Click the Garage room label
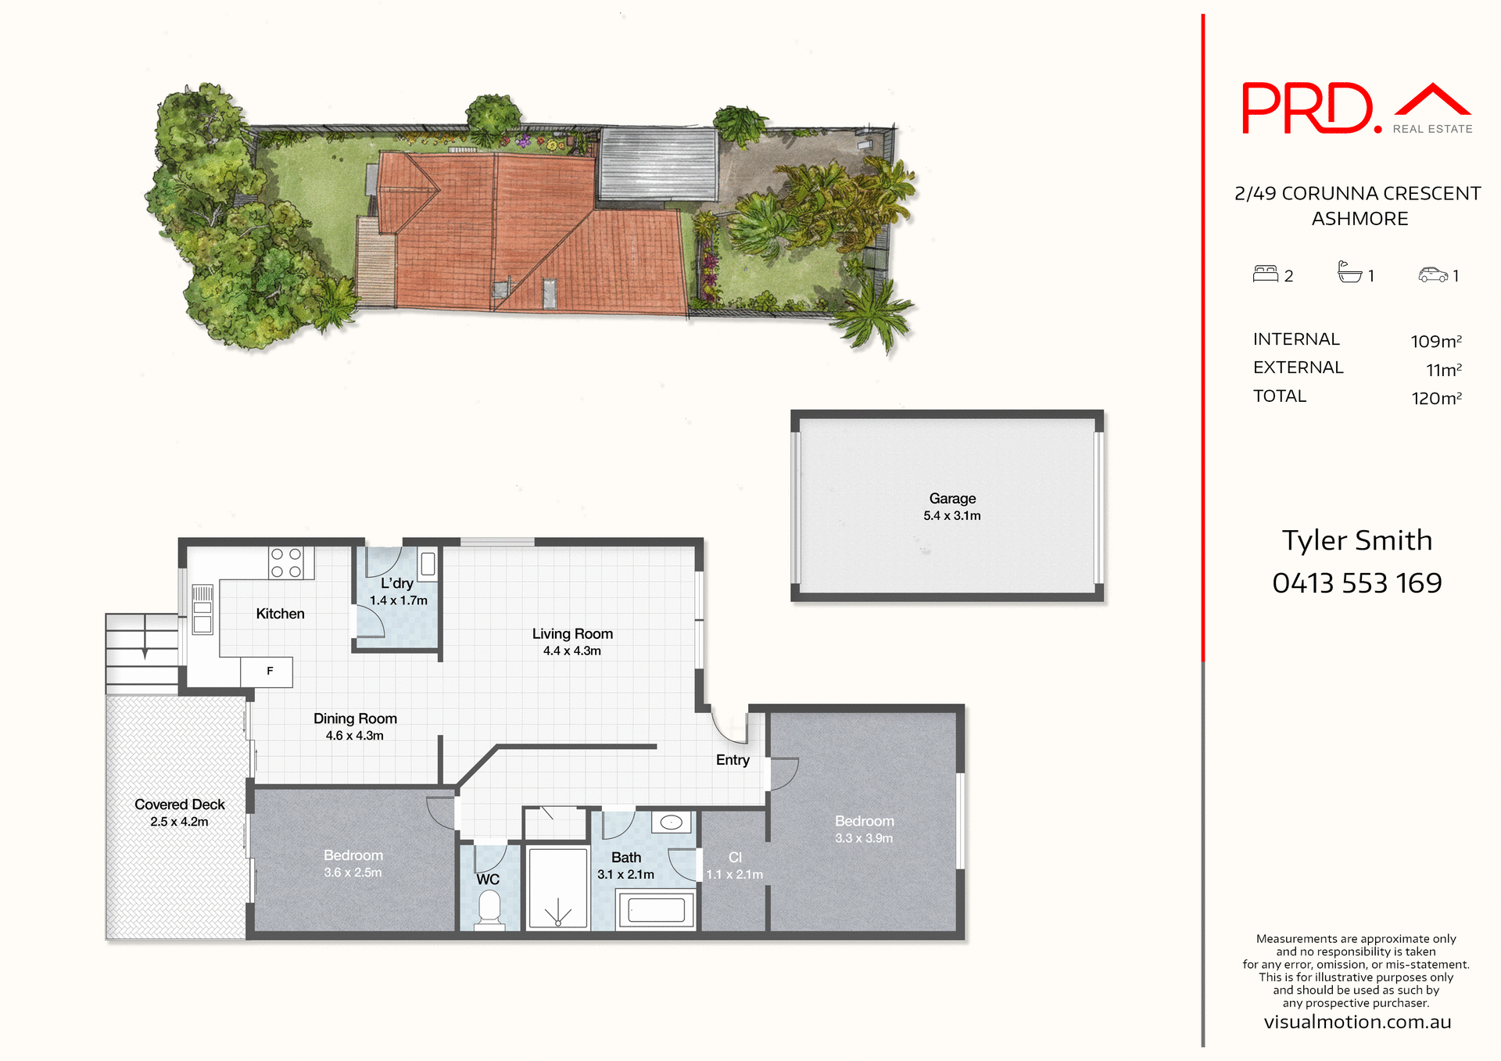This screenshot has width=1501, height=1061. click(952, 499)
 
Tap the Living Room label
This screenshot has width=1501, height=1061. click(572, 634)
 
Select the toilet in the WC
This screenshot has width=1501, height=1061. click(489, 909)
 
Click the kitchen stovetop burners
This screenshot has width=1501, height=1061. click(286, 563)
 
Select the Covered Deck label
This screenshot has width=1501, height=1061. click(179, 805)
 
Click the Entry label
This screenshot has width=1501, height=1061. click(733, 760)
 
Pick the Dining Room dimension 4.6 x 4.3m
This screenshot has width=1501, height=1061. click(354, 736)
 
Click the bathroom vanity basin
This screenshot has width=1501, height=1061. click(672, 823)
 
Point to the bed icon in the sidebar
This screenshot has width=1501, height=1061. click(1265, 274)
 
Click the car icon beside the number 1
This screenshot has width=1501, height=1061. click(1433, 274)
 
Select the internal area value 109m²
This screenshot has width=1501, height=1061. click(1435, 342)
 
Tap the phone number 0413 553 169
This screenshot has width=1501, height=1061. click(1356, 583)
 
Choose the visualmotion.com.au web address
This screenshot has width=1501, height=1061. click(1357, 1023)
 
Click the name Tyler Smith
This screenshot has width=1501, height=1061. click(1356, 540)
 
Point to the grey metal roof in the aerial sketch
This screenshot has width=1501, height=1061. click(657, 164)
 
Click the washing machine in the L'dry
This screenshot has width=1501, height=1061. click(428, 565)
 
